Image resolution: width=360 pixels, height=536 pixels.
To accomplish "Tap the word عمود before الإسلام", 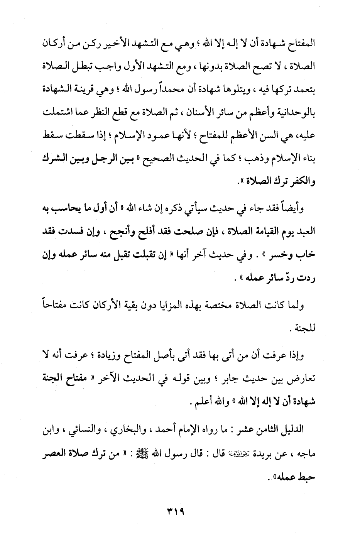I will (x=131, y=136).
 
